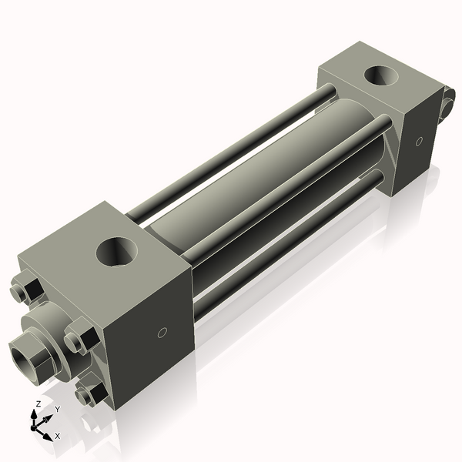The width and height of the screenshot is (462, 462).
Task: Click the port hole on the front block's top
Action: [119, 252]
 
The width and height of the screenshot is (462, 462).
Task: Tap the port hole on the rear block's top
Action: [380, 76]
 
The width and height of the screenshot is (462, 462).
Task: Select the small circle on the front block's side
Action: [162, 333]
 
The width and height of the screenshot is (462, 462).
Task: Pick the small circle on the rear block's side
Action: [419, 142]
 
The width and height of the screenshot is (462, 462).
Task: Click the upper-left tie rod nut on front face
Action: [28, 290]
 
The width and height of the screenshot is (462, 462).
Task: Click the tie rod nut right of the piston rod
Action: [80, 340]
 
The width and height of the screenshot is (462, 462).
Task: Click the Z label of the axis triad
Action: [38, 403]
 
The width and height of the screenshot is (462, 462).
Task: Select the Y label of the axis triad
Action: [57, 408]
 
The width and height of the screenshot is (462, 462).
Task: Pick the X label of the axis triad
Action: [57, 436]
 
